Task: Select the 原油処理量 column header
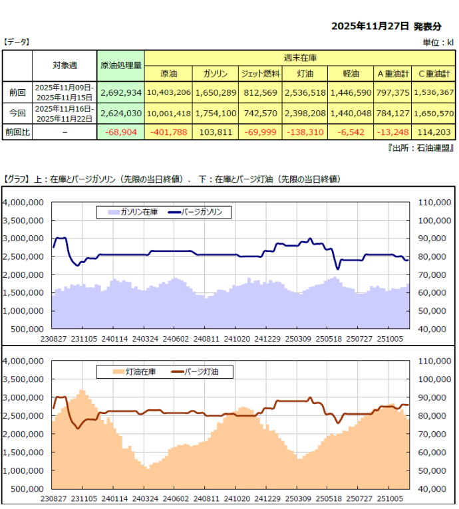point(120,65)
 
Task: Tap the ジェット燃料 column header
point(259,74)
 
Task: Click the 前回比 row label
point(17,132)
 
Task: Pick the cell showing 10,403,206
point(168,92)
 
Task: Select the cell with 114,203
point(433,132)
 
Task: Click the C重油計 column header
point(432,74)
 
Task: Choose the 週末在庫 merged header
point(299,58)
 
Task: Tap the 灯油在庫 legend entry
point(133,372)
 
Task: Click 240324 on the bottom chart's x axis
point(146,498)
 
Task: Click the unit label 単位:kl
point(438,43)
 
